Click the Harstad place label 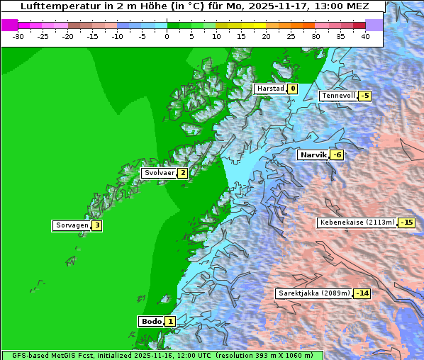click(x=270, y=89)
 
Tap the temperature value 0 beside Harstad click(x=291, y=89)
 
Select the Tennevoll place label click(x=337, y=96)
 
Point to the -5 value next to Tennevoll click(x=364, y=96)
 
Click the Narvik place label click(x=313, y=154)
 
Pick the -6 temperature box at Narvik click(x=337, y=155)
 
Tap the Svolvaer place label click(x=158, y=173)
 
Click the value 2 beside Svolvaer click(x=182, y=173)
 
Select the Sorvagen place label click(x=72, y=225)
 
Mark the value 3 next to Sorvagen click(x=96, y=225)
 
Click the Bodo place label click(x=151, y=321)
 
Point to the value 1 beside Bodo click(x=170, y=321)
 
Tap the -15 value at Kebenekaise click(x=406, y=223)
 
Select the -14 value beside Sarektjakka click(x=362, y=293)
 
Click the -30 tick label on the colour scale click(x=18, y=35)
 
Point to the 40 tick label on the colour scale click(x=365, y=35)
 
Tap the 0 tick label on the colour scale click(x=167, y=35)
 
